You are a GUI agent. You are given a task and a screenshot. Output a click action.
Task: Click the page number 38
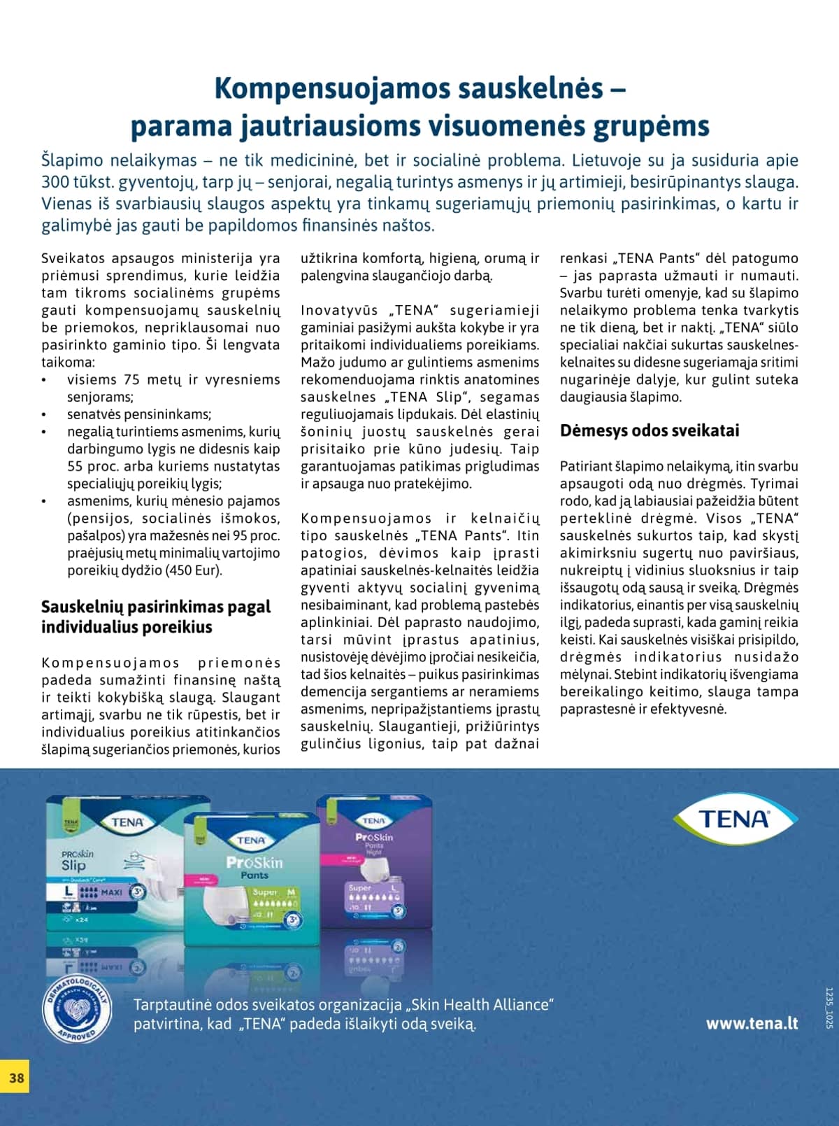point(17,1078)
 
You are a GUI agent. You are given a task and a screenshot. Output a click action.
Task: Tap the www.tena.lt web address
point(752,1023)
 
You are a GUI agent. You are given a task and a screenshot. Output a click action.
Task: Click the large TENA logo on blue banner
point(735,819)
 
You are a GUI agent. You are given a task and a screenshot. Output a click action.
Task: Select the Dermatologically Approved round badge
point(76,1007)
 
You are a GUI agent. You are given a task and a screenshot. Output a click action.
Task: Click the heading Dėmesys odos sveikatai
point(649,430)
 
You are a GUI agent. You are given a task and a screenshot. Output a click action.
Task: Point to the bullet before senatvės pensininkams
point(45,415)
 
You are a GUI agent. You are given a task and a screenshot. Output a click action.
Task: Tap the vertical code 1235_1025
point(829,1008)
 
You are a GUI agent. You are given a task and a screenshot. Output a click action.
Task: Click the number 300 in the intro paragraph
point(55,182)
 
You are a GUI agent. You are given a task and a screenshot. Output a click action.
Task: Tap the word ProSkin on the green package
point(254,862)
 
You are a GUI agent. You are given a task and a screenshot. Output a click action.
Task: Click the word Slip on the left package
point(73,866)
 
